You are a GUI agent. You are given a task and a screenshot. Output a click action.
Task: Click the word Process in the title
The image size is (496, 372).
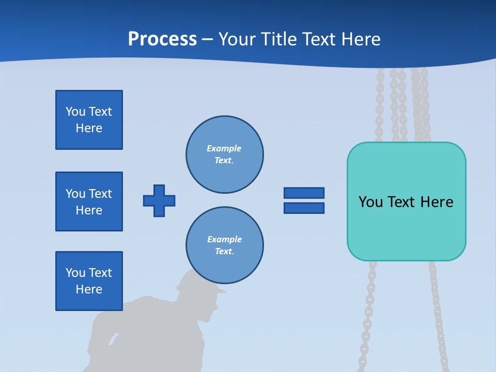click(x=162, y=39)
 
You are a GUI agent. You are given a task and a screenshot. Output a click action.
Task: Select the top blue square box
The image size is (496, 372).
click(x=89, y=120)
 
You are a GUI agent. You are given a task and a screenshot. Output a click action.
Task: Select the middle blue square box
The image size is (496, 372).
click(x=89, y=202)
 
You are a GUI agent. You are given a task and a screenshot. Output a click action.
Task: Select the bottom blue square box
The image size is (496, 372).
click(x=89, y=281)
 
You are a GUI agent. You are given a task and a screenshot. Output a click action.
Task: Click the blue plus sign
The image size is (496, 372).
click(x=159, y=200)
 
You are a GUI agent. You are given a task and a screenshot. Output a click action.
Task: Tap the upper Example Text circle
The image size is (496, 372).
click(x=225, y=154)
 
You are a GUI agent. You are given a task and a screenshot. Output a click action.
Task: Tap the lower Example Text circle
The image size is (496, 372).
click(x=225, y=245)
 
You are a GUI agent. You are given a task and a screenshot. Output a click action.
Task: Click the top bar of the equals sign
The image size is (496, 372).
click(x=304, y=193)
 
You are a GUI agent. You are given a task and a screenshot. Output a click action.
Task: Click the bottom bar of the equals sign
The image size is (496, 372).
click(x=304, y=208)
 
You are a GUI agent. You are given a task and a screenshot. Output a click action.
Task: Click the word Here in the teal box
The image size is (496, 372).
click(x=437, y=202)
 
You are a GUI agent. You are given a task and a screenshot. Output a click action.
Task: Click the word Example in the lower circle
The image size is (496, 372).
click(x=224, y=239)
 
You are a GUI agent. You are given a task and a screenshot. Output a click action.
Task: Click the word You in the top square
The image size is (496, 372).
click(x=75, y=112)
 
